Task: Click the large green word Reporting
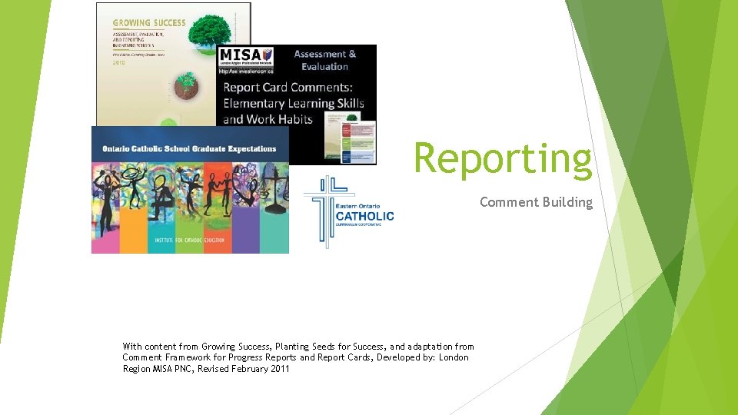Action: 504,158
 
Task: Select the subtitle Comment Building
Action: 536,202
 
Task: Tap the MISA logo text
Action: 240,55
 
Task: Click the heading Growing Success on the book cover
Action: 149,22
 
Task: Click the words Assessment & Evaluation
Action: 325,60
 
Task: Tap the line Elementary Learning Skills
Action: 294,103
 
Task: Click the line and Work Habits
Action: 268,119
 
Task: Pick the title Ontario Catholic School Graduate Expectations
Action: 189,148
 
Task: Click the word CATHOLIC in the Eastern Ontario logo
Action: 364,216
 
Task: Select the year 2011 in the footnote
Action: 279,369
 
